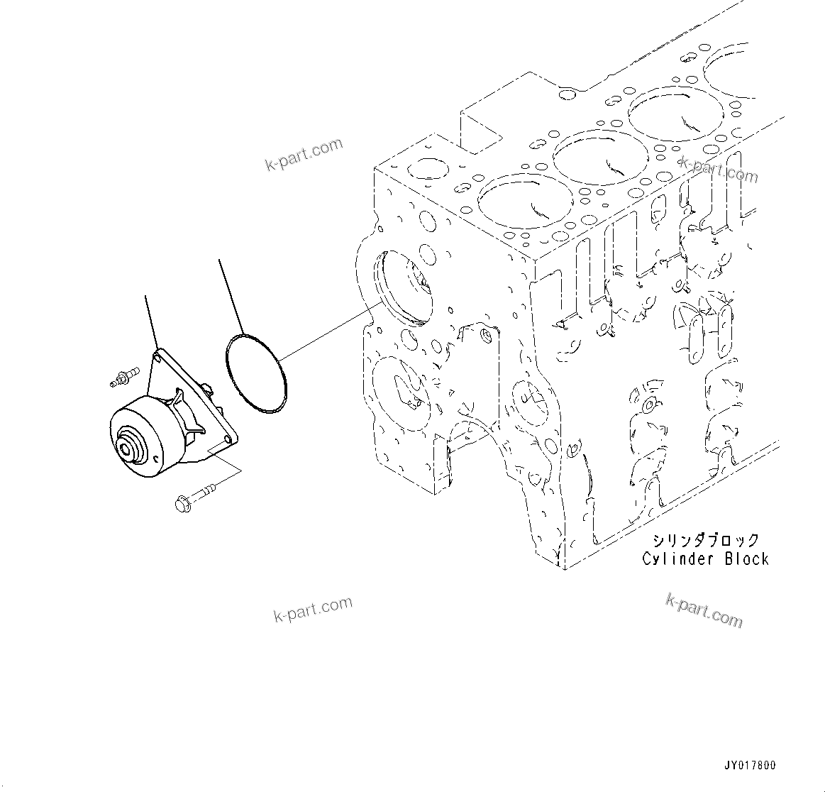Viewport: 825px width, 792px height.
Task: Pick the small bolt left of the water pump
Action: pyautogui.click(x=124, y=378)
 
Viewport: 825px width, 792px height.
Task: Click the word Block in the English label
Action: pyautogui.click(x=746, y=559)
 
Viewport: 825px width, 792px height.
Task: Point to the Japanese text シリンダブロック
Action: pyautogui.click(x=706, y=541)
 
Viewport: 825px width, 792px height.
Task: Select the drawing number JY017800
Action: pyautogui.click(x=750, y=765)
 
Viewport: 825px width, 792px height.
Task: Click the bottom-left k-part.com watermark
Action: pyautogui.click(x=313, y=610)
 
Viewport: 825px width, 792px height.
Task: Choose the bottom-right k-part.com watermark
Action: pyautogui.click(x=704, y=611)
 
